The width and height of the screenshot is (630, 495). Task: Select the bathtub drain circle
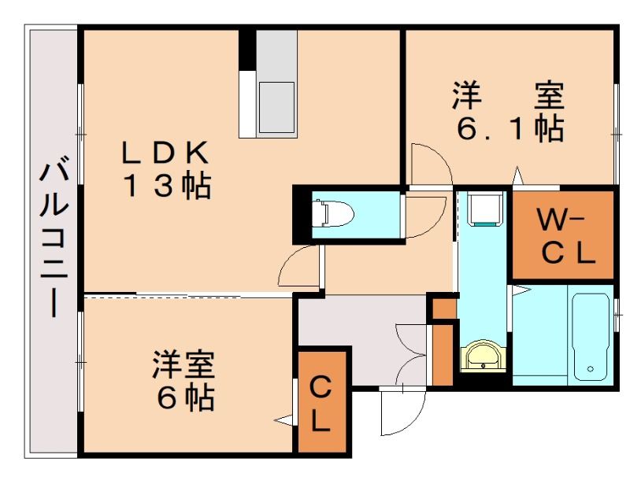click(x=590, y=368)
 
